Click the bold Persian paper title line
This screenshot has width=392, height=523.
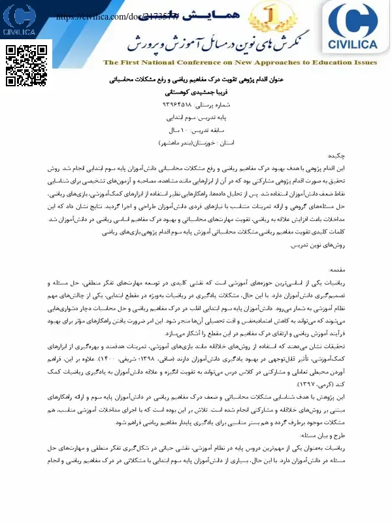point(196,80)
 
